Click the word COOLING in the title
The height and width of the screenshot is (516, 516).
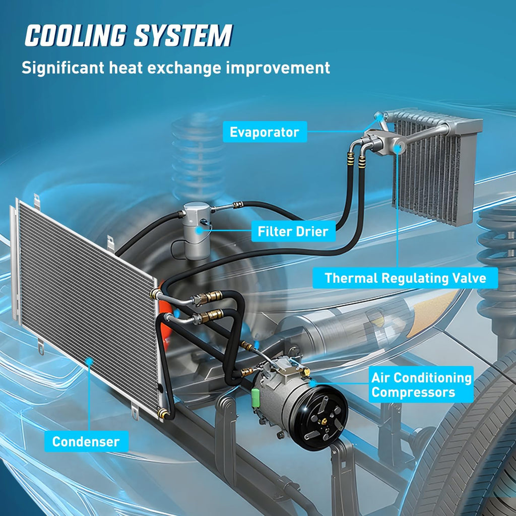click(x=76, y=35)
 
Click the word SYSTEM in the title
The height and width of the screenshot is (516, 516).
click(x=183, y=35)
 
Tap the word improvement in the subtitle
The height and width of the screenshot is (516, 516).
click(x=278, y=68)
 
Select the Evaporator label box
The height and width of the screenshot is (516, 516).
click(x=265, y=132)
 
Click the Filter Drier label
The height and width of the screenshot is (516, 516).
click(x=293, y=231)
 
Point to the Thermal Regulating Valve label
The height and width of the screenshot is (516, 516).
click(x=405, y=278)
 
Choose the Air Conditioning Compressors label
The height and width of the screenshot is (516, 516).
click(x=421, y=384)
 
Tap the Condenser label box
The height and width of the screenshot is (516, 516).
click(x=86, y=441)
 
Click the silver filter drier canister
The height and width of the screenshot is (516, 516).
click(x=197, y=230)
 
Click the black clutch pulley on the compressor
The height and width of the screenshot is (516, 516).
click(x=318, y=418)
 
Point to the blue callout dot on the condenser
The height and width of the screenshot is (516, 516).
click(x=89, y=361)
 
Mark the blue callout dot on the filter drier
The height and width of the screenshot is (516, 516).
click(x=199, y=230)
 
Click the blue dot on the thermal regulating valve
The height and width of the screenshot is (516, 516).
click(x=398, y=149)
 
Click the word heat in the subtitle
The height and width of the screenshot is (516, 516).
click(x=125, y=68)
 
